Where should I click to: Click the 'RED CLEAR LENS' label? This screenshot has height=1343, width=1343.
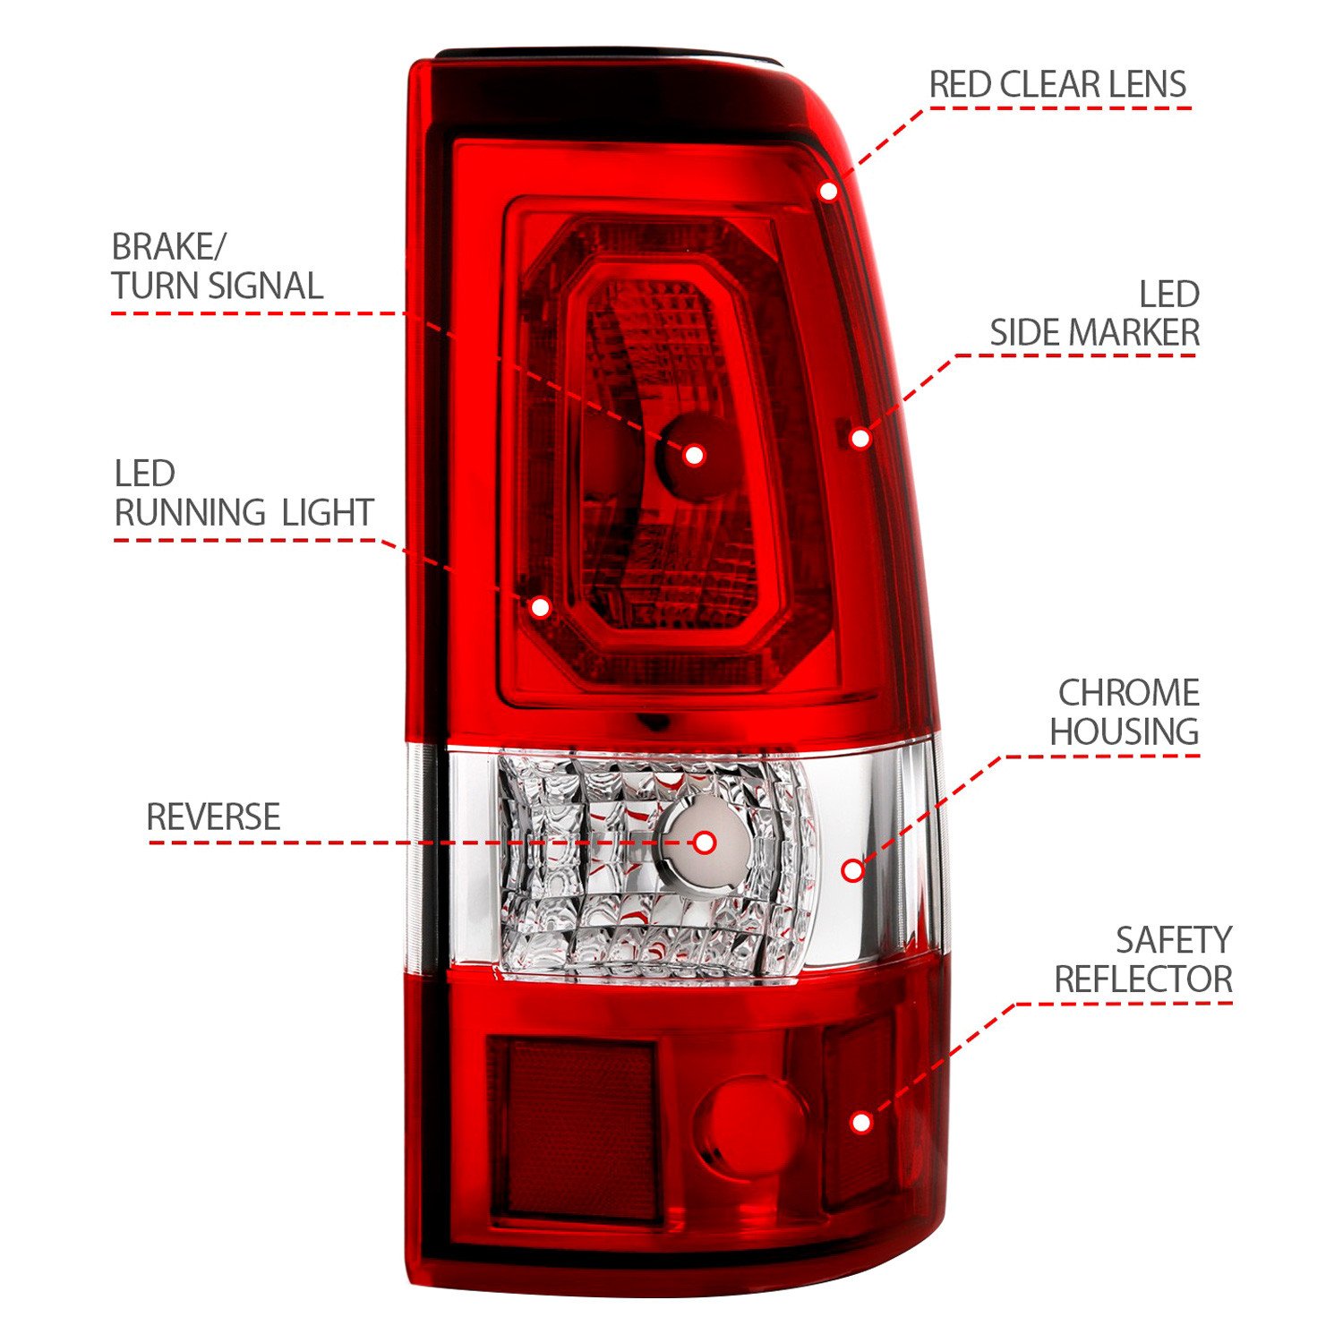point(1056,85)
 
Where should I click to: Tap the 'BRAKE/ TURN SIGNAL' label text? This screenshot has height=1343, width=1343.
point(217,267)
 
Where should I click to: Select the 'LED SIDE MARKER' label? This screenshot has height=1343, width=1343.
point(1094,313)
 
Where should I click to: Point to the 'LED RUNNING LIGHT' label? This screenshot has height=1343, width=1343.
point(243,493)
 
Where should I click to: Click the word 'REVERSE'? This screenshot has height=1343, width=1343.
point(213,817)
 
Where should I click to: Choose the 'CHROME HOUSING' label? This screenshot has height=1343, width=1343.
point(1125,712)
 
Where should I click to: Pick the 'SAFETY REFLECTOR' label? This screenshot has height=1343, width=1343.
point(1143,960)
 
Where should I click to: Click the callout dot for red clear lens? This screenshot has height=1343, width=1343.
point(829,191)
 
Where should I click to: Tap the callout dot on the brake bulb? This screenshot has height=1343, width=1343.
point(694,455)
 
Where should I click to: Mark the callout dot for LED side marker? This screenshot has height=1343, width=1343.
point(860,439)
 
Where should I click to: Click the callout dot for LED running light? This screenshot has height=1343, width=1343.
point(540,607)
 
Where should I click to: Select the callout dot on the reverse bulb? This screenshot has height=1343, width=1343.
point(705,843)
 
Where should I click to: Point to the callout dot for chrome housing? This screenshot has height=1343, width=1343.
point(852,870)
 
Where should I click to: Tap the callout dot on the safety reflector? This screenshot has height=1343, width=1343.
point(861,1122)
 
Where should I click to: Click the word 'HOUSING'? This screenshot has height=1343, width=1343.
point(1125,731)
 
